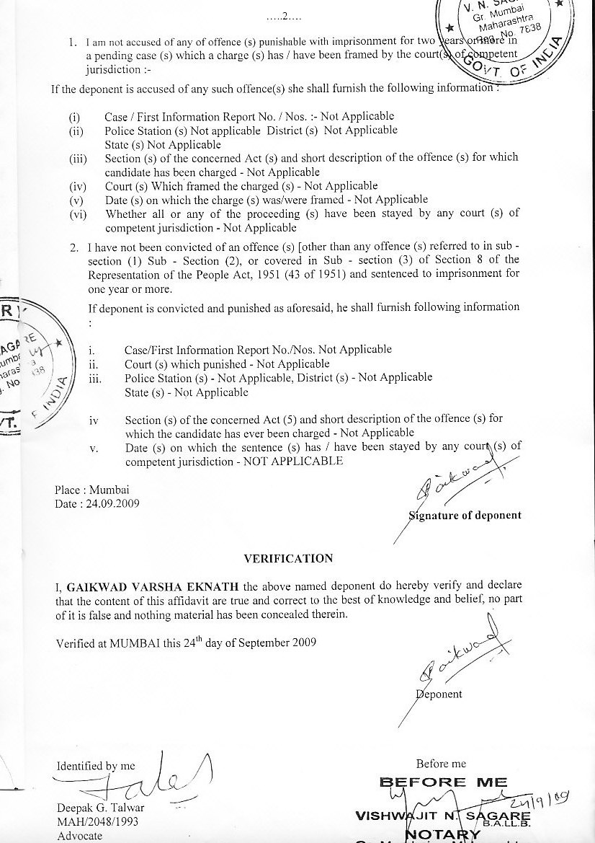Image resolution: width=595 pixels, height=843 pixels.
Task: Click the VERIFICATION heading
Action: [288, 559]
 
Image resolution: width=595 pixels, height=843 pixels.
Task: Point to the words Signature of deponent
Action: [465, 516]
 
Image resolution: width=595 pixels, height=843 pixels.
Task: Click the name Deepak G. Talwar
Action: [95, 808]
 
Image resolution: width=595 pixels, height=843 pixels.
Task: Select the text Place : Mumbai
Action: [88, 490]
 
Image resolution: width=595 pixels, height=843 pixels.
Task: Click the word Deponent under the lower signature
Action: [439, 694]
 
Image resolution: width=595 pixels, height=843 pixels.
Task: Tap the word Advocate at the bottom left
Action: [80, 837]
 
